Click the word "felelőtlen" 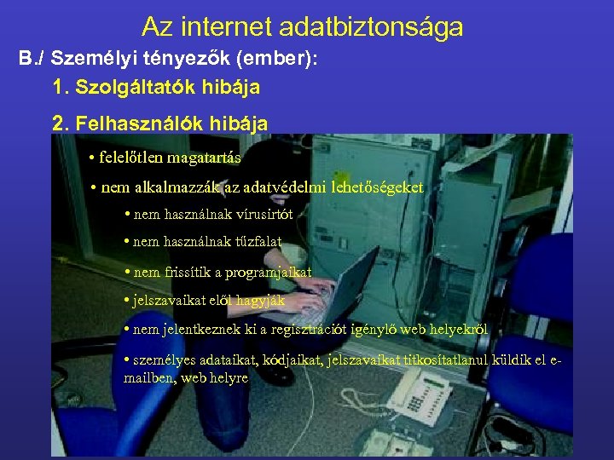[132, 158]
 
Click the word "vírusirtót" [258, 215]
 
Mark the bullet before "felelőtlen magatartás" [92, 158]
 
